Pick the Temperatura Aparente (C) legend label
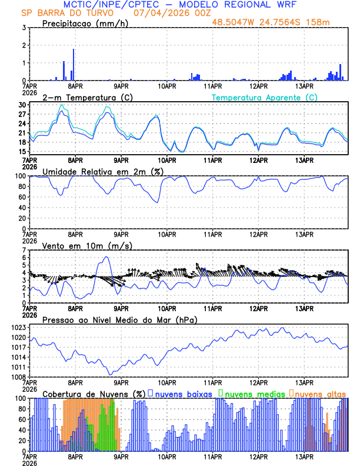click(x=265, y=97)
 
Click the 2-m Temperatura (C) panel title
click(x=86, y=97)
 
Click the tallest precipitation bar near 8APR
click(x=74, y=65)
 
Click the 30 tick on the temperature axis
click(x=22, y=105)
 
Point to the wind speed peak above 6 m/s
click(x=106, y=257)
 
